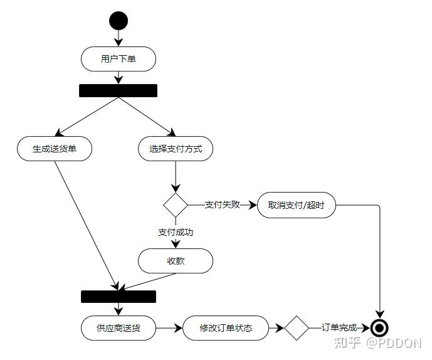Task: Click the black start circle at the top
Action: point(118,21)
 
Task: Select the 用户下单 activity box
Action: point(118,60)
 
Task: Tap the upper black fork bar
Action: point(118,91)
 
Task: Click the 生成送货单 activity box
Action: point(55,149)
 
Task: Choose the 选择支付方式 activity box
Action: point(176,149)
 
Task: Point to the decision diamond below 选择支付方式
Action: point(176,204)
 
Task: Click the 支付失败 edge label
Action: point(223,204)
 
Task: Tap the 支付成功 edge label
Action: point(176,232)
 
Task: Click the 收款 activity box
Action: point(176,261)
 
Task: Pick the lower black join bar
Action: point(119,297)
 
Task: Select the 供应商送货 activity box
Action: point(119,328)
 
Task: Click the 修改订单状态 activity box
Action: point(226,328)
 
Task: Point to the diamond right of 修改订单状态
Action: point(297,328)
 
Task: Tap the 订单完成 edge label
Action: point(339,328)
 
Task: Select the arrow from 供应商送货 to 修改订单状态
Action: point(169,328)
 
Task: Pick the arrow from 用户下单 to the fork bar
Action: point(118,77)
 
